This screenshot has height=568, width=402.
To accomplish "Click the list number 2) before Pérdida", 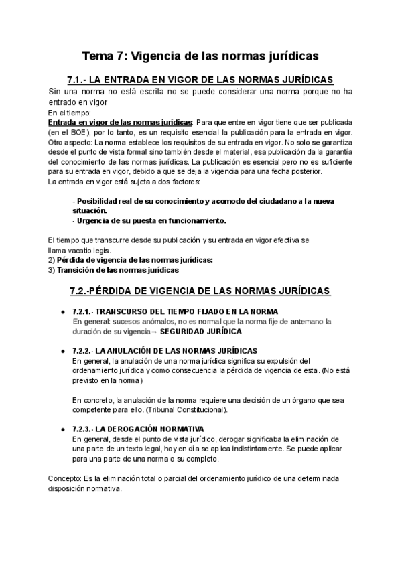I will [52, 259].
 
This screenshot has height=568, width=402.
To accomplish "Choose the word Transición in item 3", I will [76, 269].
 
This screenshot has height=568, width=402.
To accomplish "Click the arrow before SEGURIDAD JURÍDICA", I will [155, 332].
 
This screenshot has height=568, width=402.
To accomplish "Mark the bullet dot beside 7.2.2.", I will [63, 351].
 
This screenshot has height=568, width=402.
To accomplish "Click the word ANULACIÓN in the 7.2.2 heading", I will [133, 351].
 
